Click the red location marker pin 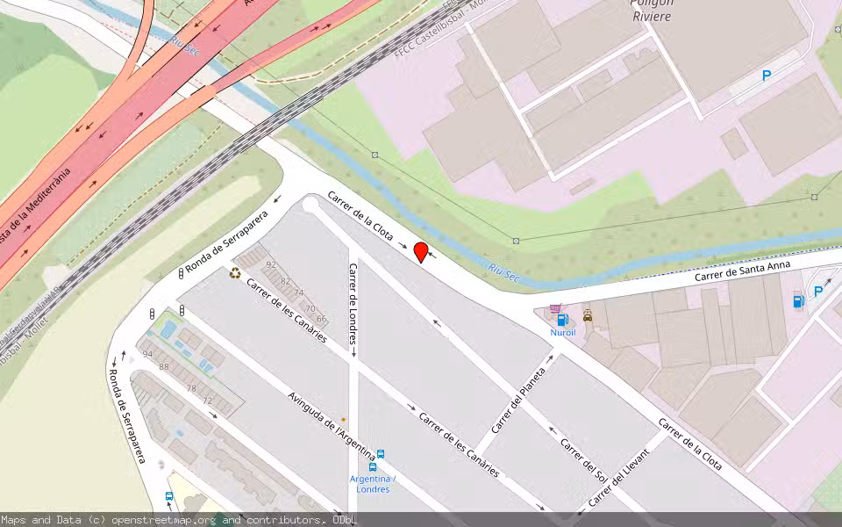tap(420, 252)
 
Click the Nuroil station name tap(562, 334)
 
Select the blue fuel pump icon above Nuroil tap(562, 320)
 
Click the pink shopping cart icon tap(554, 309)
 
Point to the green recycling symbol tap(235, 273)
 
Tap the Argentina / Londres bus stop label tap(372, 484)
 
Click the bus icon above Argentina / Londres tap(381, 454)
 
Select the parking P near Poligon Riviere tap(766, 76)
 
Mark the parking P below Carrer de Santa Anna tap(817, 292)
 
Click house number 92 tap(271, 264)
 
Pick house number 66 tap(321, 319)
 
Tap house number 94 tap(146, 354)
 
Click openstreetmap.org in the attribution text tap(165, 520)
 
